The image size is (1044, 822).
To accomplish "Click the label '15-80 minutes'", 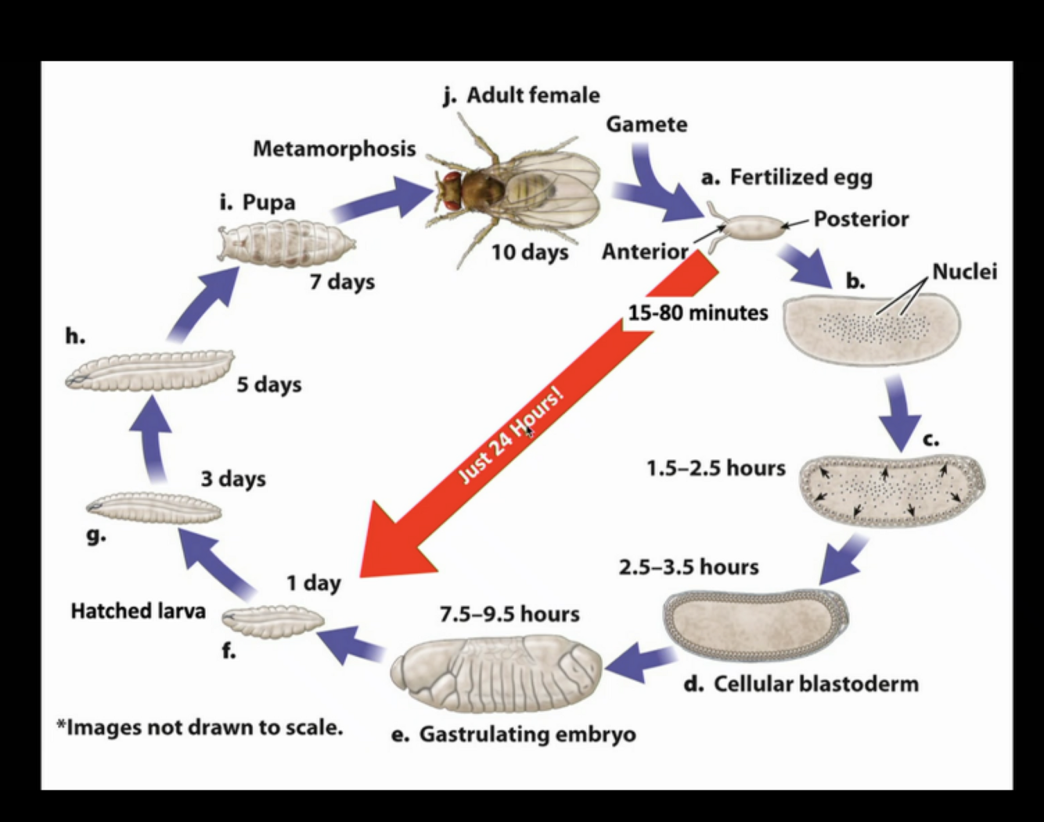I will [x=698, y=313].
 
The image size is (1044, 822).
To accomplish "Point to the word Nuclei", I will [x=964, y=272].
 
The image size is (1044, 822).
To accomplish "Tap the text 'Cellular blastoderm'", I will [x=815, y=683].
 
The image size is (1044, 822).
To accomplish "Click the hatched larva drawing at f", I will [x=272, y=621].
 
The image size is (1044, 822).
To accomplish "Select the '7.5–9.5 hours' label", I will [x=509, y=614].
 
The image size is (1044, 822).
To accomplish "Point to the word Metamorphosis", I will [x=334, y=148].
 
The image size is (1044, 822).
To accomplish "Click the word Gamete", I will [x=646, y=124].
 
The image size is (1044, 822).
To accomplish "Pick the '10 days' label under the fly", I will [x=530, y=253].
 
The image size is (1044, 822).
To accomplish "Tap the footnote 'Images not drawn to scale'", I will [x=200, y=727].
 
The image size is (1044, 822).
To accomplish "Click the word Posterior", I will [x=861, y=218].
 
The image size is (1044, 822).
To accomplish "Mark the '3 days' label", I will [x=233, y=478].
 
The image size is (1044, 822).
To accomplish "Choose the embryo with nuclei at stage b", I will [x=871, y=328].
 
